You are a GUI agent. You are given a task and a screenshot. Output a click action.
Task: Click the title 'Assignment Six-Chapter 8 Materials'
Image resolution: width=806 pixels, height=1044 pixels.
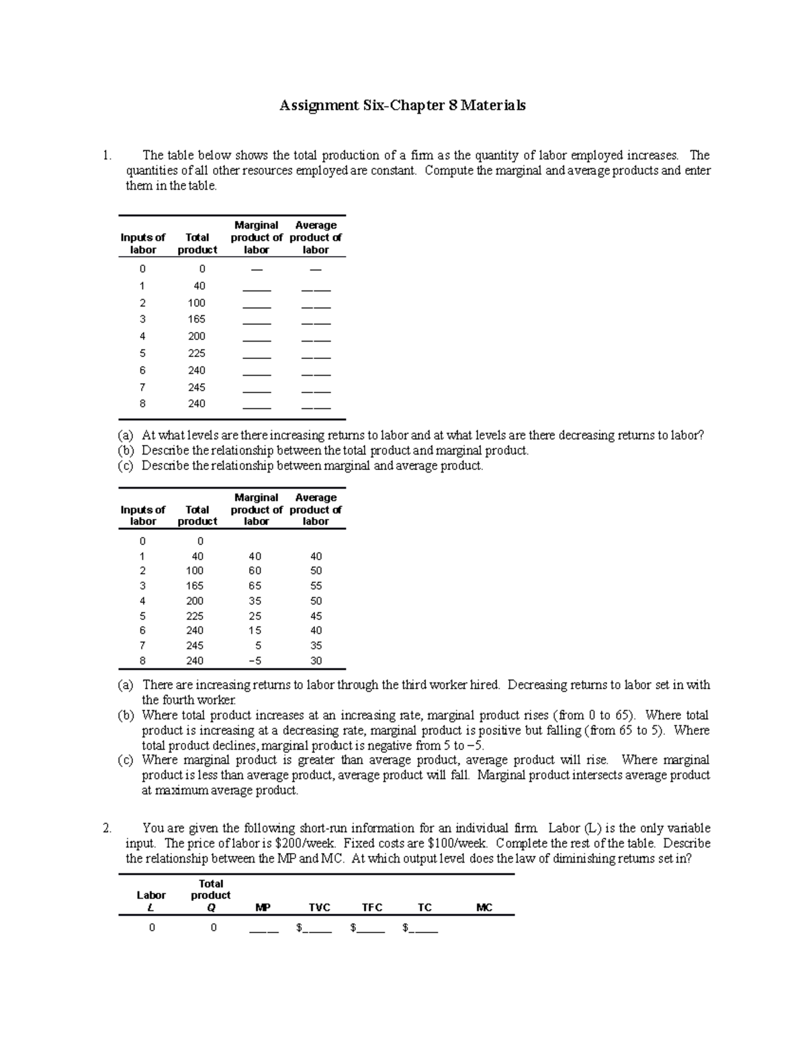[x=402, y=106]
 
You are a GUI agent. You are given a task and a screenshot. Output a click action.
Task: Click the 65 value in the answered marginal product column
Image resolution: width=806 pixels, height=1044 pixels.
[x=255, y=586]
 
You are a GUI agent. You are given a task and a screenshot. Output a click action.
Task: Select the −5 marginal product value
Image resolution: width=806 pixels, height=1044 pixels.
[x=255, y=661]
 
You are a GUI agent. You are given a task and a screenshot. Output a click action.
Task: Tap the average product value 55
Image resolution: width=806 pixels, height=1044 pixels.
[x=316, y=586]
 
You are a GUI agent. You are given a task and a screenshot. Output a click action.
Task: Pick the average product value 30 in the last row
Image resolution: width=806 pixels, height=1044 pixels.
[x=316, y=661]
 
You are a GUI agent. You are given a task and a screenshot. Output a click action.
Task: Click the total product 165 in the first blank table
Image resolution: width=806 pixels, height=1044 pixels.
[x=197, y=319]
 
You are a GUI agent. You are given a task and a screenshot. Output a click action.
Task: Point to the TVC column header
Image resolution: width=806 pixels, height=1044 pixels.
[x=320, y=908]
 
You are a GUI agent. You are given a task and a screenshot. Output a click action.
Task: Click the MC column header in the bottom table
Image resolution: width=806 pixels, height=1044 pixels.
[x=484, y=908]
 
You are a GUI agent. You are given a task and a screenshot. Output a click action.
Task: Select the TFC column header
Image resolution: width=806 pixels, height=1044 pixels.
[x=372, y=908]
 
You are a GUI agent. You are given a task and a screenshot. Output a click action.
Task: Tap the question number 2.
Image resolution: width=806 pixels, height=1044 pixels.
[x=107, y=828]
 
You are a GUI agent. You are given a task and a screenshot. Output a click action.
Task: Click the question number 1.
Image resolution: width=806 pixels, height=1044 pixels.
[x=107, y=155]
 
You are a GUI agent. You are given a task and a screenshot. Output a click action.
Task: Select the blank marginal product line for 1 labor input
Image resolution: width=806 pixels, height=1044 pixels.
[x=257, y=289]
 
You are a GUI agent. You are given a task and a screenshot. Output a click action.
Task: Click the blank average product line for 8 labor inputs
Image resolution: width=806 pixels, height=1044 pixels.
[x=316, y=407]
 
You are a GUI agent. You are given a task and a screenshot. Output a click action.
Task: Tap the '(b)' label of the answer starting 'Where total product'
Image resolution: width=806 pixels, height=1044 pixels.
[x=126, y=715]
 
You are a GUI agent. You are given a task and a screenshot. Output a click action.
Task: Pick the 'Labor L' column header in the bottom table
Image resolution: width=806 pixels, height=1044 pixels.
[x=151, y=901]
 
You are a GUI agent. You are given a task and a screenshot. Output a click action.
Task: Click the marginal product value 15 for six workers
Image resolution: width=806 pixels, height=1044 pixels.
[x=255, y=631]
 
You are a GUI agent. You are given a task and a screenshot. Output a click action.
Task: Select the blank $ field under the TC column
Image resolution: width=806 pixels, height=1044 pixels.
[x=423, y=930]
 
